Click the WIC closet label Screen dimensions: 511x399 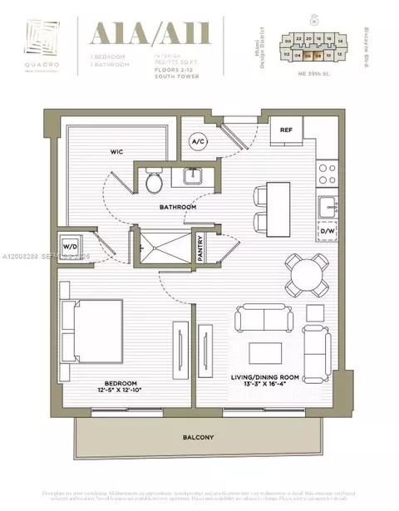117,152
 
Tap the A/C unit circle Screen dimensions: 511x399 199,141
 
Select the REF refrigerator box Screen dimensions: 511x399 286,130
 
